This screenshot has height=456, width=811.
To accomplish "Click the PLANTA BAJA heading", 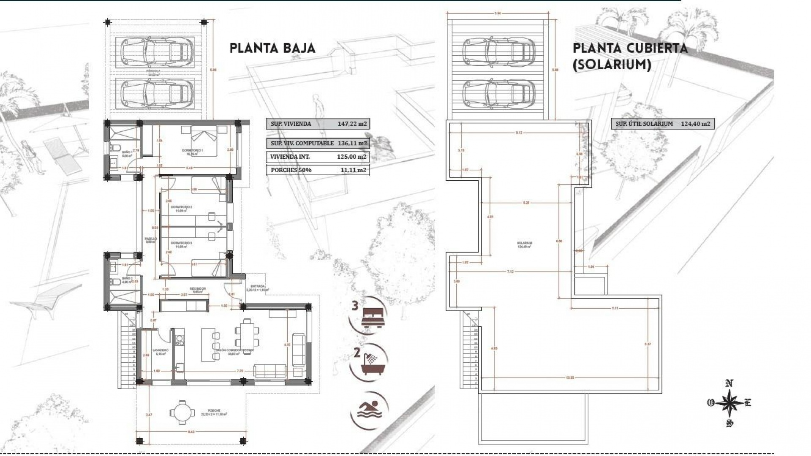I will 272,48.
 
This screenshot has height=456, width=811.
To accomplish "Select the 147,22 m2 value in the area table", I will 352,124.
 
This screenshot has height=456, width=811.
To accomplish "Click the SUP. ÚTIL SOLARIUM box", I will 662,124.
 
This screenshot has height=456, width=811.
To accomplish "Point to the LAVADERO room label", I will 161,350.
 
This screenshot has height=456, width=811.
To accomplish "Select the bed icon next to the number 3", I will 372,316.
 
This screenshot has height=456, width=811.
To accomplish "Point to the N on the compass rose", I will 729,383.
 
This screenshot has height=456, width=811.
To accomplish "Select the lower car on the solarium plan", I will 496,92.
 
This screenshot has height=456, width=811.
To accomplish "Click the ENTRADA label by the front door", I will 257,286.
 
